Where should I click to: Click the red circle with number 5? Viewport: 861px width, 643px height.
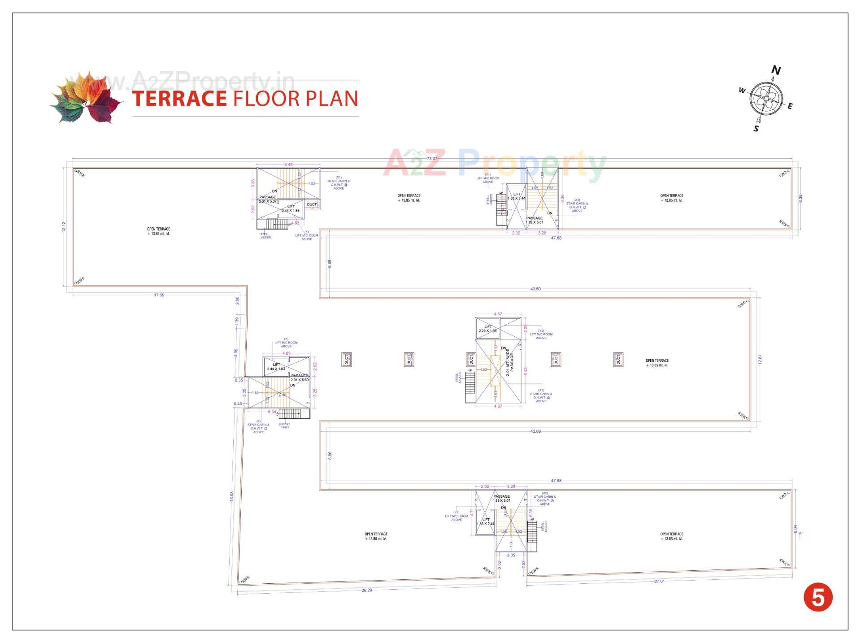818,597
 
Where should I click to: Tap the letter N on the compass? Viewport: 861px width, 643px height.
776,70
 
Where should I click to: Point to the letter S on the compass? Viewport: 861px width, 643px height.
756,129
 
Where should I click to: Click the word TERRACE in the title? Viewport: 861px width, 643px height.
179,99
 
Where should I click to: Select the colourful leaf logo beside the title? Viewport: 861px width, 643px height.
86,97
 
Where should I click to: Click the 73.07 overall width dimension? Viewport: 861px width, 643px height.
432,159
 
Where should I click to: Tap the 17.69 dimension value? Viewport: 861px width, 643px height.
159,295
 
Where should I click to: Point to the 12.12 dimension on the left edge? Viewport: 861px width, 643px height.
64,226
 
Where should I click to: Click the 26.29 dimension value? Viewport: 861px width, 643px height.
366,590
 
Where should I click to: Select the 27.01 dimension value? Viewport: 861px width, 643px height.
659,581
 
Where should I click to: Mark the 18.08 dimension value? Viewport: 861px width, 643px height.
232,496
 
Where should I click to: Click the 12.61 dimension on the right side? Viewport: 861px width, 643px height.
760,359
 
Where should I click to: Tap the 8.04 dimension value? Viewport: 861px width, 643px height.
796,529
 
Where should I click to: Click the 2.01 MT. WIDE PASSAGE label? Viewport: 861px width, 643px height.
510,362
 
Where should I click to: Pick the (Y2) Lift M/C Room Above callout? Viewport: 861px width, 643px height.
541,335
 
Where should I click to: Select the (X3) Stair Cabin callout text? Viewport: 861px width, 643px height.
541,395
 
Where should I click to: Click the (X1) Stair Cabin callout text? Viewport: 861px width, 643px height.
339,182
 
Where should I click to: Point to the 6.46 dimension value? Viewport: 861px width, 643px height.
288,165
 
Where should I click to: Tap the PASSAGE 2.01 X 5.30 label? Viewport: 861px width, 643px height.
300,378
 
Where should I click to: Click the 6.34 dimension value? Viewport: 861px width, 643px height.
272,412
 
